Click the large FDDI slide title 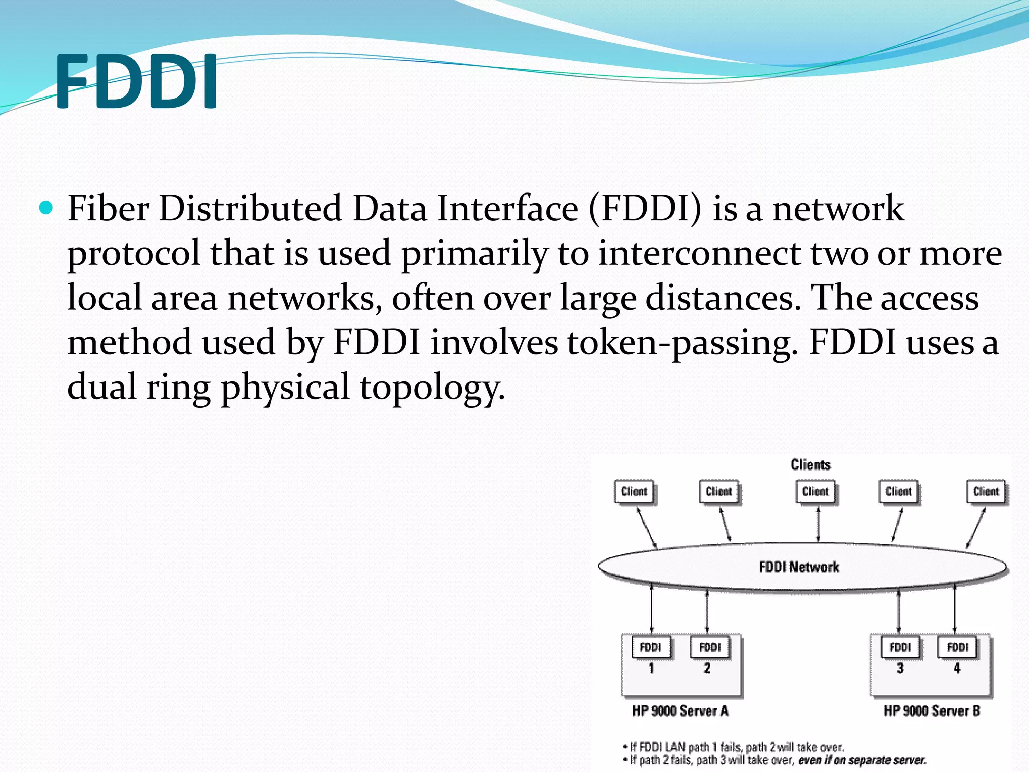tap(137, 82)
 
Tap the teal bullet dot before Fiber tap(46, 208)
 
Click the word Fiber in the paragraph tap(108, 208)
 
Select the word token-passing tap(682, 343)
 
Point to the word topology tap(432, 388)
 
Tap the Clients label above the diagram tap(810, 464)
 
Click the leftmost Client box tap(634, 492)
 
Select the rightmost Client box tap(986, 492)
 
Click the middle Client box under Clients tap(815, 492)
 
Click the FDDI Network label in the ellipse tap(799, 567)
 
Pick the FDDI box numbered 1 tap(651, 647)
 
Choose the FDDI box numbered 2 tap(709, 647)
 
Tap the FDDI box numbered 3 tap(900, 647)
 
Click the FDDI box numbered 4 tap(957, 647)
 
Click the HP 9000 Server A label tap(680, 711)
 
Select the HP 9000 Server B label tap(932, 711)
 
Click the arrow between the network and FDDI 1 tap(652, 608)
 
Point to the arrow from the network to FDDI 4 tap(954, 608)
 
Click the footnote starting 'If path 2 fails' tap(776, 760)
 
